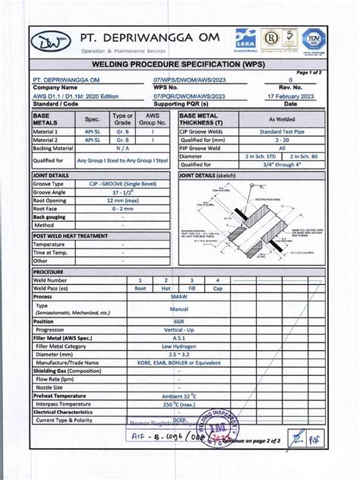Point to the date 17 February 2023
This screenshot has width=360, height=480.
(x=289, y=96)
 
